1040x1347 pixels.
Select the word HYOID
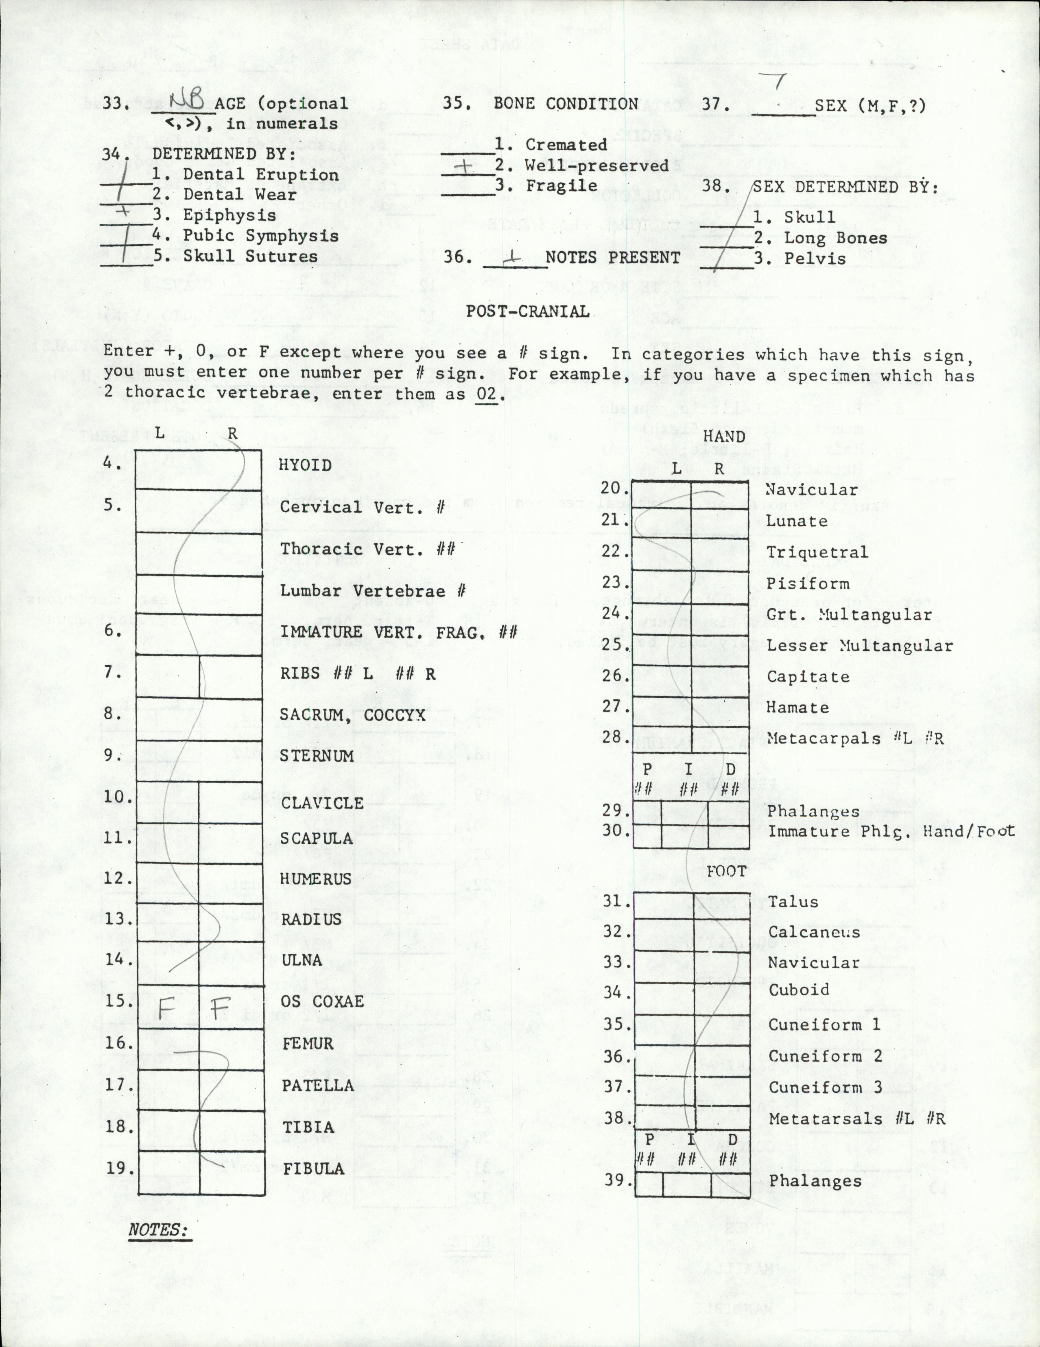pyautogui.click(x=305, y=464)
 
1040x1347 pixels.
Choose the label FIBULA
pyautogui.click(x=313, y=1168)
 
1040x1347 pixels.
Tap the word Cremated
pyautogui.click(x=566, y=145)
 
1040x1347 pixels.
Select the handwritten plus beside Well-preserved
pyautogui.click(x=467, y=166)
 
